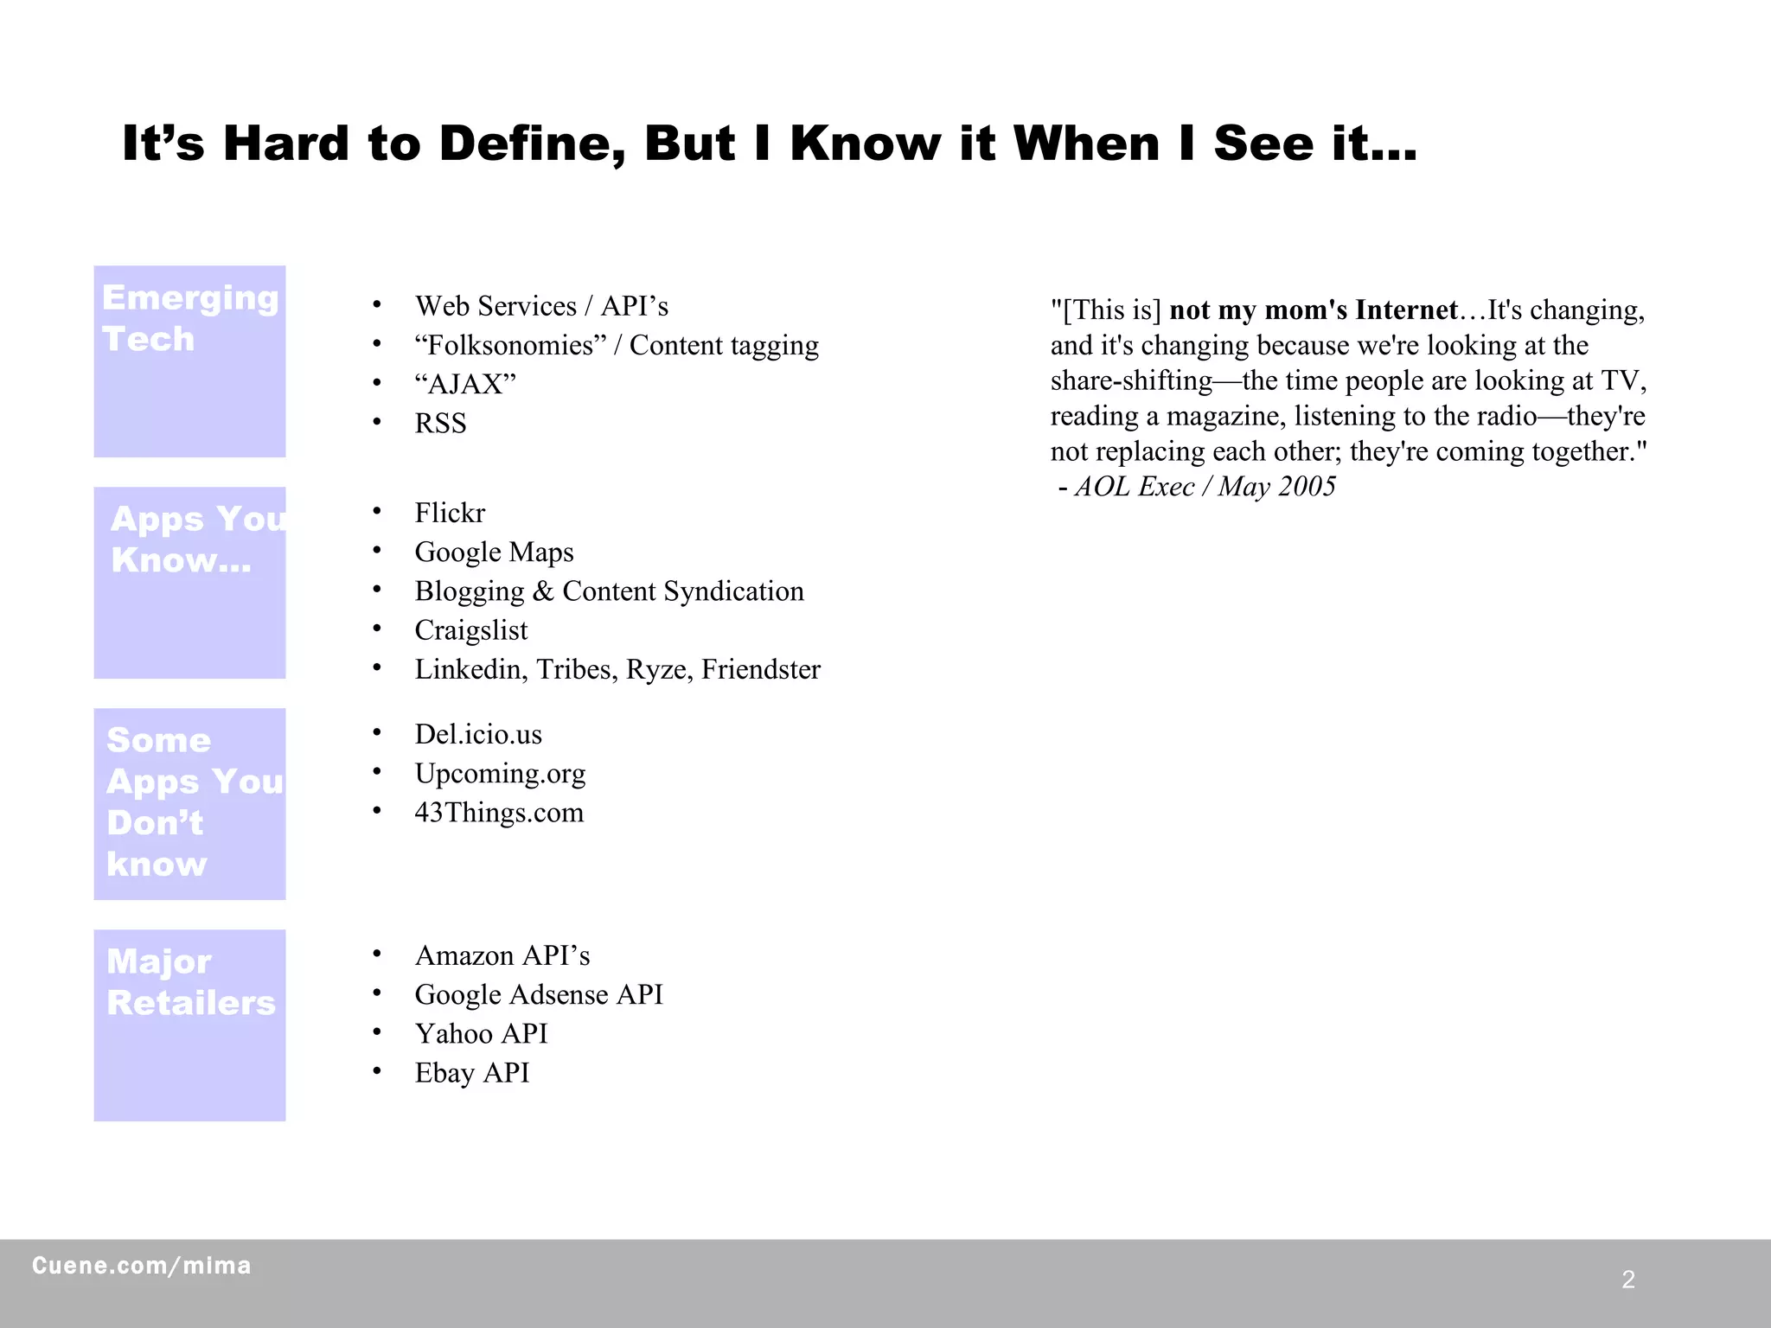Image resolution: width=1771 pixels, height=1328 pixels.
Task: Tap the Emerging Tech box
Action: [x=189, y=361]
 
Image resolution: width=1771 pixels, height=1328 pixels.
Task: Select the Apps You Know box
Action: [x=189, y=583]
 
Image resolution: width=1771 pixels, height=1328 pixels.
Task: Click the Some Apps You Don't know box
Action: [x=189, y=804]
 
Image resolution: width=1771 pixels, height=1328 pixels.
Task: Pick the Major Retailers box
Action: [x=189, y=1025]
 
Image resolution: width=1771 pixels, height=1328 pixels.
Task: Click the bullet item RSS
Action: [x=440, y=424]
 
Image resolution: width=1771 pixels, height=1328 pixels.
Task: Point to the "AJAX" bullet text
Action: [x=465, y=384]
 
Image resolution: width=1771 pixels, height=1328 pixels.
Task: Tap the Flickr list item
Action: [x=450, y=513]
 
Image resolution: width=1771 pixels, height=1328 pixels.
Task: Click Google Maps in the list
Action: [x=494, y=552]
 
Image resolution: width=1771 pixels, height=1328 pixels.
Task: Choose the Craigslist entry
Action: [x=470, y=630]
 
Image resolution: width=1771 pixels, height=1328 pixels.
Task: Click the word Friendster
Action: [x=761, y=669]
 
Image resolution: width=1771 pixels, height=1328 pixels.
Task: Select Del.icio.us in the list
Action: [x=478, y=734]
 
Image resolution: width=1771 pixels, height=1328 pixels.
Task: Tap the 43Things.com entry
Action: [x=499, y=813]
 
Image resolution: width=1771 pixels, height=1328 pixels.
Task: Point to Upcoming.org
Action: [x=500, y=773]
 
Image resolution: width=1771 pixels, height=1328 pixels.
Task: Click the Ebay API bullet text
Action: [x=471, y=1073]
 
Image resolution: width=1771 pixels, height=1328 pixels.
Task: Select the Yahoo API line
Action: [x=481, y=1034]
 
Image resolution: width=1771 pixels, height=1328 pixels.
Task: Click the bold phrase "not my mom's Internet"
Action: [x=1314, y=310]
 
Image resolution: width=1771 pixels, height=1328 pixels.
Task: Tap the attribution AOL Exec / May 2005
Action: [x=1205, y=487]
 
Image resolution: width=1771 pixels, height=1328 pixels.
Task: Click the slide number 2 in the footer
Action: [x=1628, y=1280]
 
